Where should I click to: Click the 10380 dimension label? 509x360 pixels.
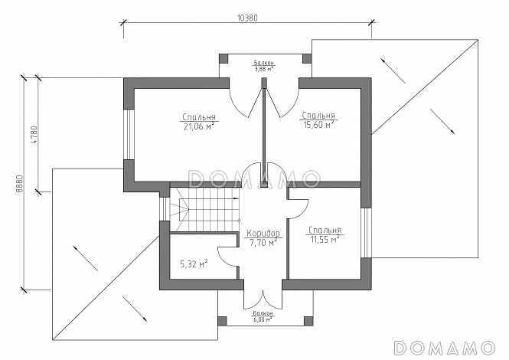tap(247, 18)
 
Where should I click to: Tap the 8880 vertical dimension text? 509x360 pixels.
tap(19, 185)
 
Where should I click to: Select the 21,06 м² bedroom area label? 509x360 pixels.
tap(199, 122)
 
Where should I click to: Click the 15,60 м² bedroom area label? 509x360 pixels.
tap(318, 120)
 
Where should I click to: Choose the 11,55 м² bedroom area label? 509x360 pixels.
tap(325, 235)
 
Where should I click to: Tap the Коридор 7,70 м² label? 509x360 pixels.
tap(263, 238)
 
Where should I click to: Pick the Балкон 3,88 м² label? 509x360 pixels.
tap(263, 66)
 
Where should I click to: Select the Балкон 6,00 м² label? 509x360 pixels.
tap(263, 316)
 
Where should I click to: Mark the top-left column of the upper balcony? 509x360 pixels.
tap(224, 58)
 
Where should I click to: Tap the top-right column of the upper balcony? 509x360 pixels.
tap(307, 58)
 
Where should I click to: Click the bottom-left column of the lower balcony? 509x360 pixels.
tap(223, 322)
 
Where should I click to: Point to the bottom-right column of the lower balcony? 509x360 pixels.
tap(308, 322)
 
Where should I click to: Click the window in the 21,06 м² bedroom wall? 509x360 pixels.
tap(129, 135)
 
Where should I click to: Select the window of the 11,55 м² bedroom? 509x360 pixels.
tap(366, 233)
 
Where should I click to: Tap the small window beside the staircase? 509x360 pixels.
tap(165, 209)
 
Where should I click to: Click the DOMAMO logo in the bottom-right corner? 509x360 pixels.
tap(444, 348)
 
